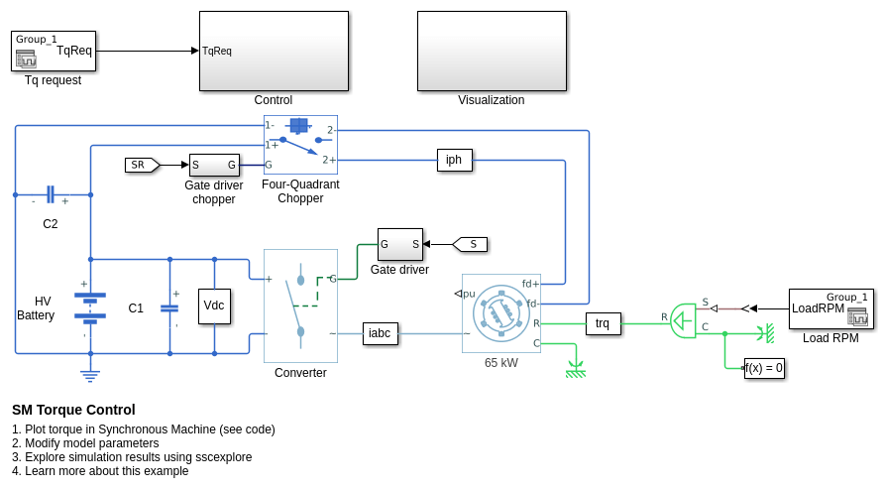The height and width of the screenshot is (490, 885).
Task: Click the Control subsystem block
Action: tap(274, 51)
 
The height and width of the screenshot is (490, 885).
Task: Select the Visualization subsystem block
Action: tap(492, 51)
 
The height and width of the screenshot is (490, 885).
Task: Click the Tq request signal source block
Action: tap(54, 51)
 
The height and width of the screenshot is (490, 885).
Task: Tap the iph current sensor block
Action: tap(454, 160)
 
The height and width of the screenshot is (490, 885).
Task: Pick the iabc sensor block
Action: tap(380, 333)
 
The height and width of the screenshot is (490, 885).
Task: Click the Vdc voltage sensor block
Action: tap(214, 306)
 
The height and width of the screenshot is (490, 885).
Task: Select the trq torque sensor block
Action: tap(603, 323)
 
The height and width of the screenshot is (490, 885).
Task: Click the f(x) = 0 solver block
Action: tap(764, 368)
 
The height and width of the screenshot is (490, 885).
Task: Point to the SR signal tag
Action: tap(141, 165)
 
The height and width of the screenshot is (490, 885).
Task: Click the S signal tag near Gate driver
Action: tap(471, 244)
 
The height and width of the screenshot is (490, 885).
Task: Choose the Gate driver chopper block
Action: tap(214, 165)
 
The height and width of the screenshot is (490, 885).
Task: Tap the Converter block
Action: tap(300, 306)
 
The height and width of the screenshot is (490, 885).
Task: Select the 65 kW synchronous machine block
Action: tap(500, 313)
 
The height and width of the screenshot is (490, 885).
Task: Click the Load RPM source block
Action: tap(830, 308)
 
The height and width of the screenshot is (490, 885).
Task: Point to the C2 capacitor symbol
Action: tap(51, 194)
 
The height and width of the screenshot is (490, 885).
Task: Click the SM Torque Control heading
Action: tap(73, 410)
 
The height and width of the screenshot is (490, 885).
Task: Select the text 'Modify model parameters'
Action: tap(91, 443)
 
